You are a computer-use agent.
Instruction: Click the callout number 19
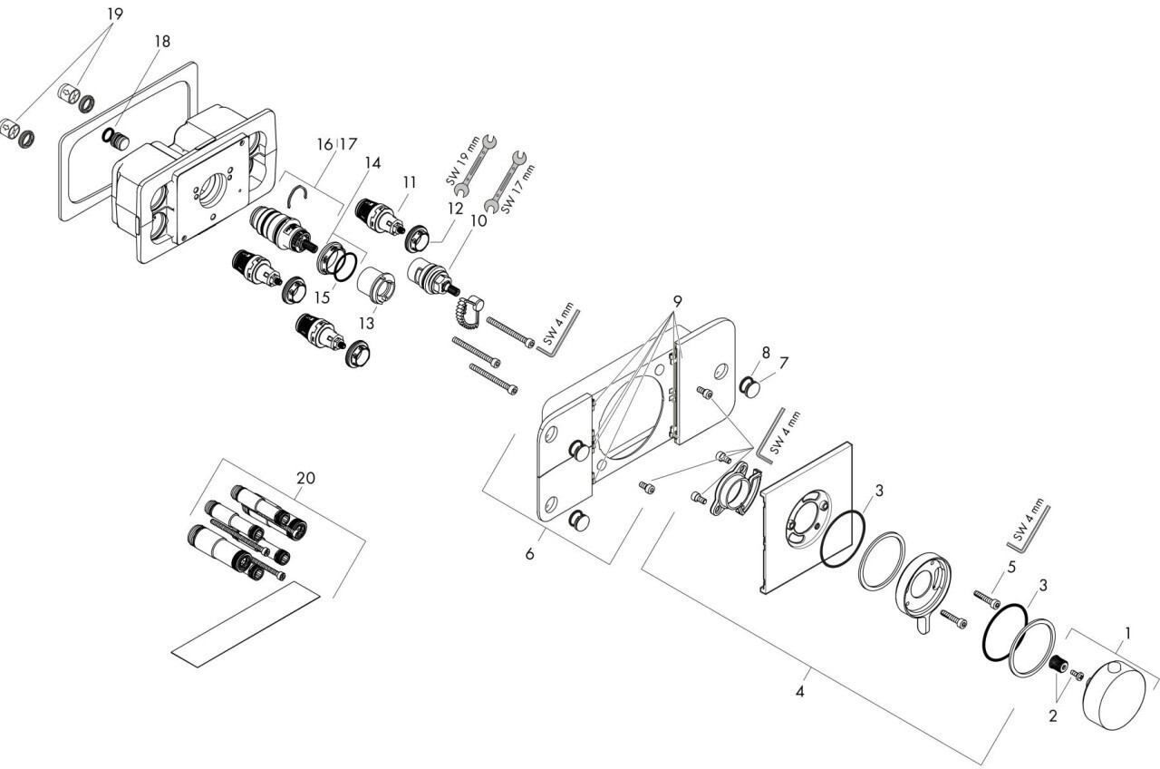pyautogui.click(x=113, y=14)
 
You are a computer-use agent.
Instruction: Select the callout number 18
pyautogui.click(x=161, y=43)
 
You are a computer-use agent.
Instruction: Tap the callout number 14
pyautogui.click(x=372, y=162)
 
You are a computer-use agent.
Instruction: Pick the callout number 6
pyautogui.click(x=529, y=553)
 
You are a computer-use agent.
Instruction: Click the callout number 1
pyautogui.click(x=1127, y=633)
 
